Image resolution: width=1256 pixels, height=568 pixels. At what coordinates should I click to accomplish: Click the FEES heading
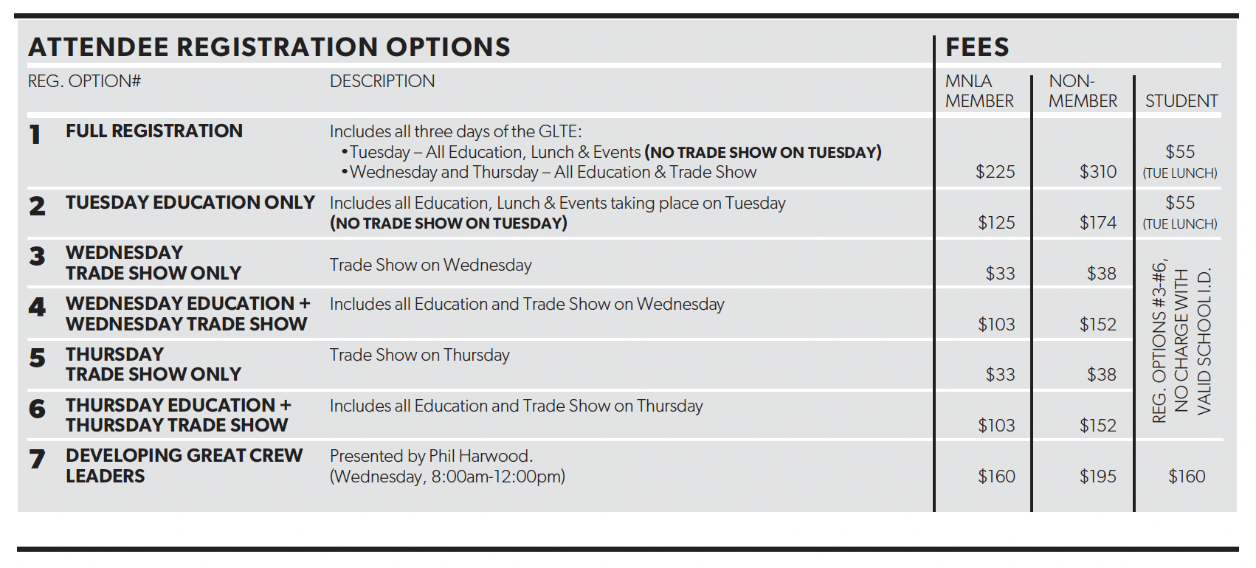(x=977, y=47)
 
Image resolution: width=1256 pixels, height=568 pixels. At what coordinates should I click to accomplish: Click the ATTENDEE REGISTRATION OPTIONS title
(x=269, y=47)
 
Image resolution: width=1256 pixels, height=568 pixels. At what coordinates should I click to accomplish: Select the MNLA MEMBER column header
(x=979, y=91)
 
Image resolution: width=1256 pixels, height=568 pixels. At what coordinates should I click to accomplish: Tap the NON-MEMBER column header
(x=1083, y=91)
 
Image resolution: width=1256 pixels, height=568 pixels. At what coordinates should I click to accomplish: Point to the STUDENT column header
(x=1181, y=101)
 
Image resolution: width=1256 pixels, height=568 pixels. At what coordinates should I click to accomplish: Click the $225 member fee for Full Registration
(x=995, y=172)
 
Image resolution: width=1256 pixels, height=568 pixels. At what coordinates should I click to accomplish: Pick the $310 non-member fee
(x=1097, y=172)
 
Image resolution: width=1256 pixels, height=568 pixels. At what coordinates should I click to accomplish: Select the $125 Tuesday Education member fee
(x=996, y=223)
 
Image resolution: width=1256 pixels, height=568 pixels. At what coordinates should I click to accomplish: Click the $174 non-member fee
(x=1097, y=223)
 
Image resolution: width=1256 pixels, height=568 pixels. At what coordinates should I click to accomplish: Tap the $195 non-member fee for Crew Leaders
(x=1097, y=477)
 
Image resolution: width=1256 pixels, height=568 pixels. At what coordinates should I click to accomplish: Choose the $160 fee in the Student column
(x=1187, y=477)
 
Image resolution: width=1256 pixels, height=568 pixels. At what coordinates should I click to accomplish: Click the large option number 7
(x=37, y=460)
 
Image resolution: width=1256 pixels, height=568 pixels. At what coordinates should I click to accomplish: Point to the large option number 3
(x=37, y=257)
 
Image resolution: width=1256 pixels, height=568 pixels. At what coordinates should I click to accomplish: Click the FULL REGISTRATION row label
(x=153, y=131)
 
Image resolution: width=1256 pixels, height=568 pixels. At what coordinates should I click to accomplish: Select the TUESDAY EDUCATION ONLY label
(x=190, y=203)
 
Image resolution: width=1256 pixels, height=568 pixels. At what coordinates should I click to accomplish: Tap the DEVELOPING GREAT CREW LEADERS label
(x=184, y=465)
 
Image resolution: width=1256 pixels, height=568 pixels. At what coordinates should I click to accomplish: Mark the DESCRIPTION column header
(x=382, y=81)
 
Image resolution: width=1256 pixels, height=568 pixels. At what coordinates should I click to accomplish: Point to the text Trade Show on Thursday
(x=419, y=355)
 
